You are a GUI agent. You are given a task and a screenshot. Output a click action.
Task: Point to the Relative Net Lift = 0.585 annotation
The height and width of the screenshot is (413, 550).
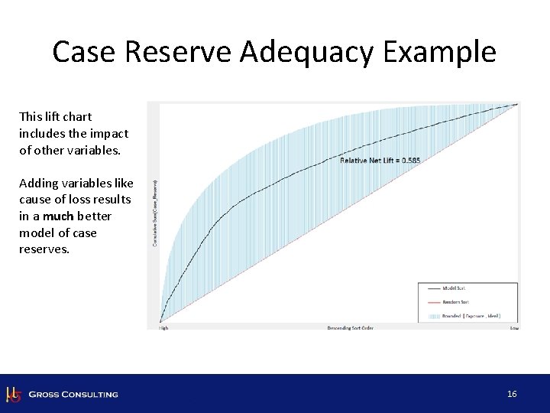tap(380, 160)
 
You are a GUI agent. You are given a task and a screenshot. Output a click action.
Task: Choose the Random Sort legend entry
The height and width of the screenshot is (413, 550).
tap(455, 302)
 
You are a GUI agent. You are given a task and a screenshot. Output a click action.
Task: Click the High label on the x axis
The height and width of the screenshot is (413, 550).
tap(163, 328)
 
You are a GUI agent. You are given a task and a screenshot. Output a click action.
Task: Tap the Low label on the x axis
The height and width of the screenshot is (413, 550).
tap(514, 328)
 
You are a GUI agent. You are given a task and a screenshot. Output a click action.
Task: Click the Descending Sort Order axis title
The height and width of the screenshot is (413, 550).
tap(350, 328)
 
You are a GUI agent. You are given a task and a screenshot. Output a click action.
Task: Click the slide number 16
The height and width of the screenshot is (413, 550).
tap(512, 394)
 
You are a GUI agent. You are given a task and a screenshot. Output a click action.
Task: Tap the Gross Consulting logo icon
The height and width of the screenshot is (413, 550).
tap(13, 394)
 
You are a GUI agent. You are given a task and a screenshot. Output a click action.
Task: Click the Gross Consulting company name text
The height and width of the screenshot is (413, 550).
tap(73, 395)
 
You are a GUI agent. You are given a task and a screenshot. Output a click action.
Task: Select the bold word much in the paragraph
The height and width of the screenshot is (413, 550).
tap(58, 216)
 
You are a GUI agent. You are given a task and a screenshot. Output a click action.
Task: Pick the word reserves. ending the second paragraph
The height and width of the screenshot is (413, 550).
tap(44, 249)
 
